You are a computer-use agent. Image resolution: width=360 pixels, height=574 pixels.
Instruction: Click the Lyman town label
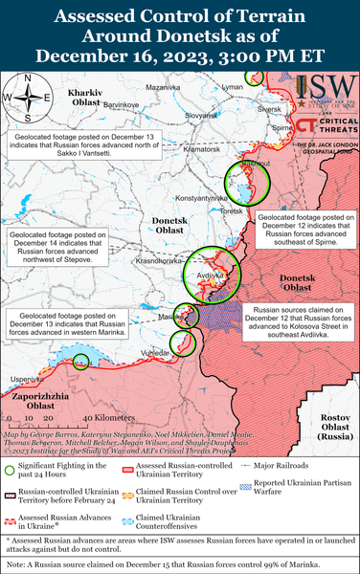click(232, 87)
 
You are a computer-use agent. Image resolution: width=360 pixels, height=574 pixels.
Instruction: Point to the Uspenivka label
click(28, 380)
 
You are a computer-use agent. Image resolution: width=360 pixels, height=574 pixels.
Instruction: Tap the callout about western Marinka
click(61, 325)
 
